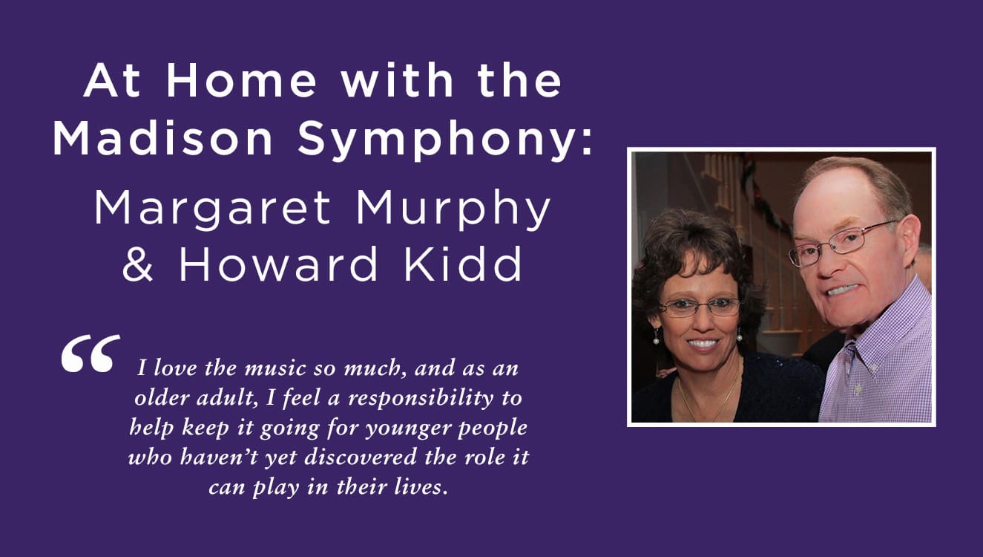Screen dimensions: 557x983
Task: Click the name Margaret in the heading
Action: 213,210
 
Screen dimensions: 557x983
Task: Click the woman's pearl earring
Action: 656,339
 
